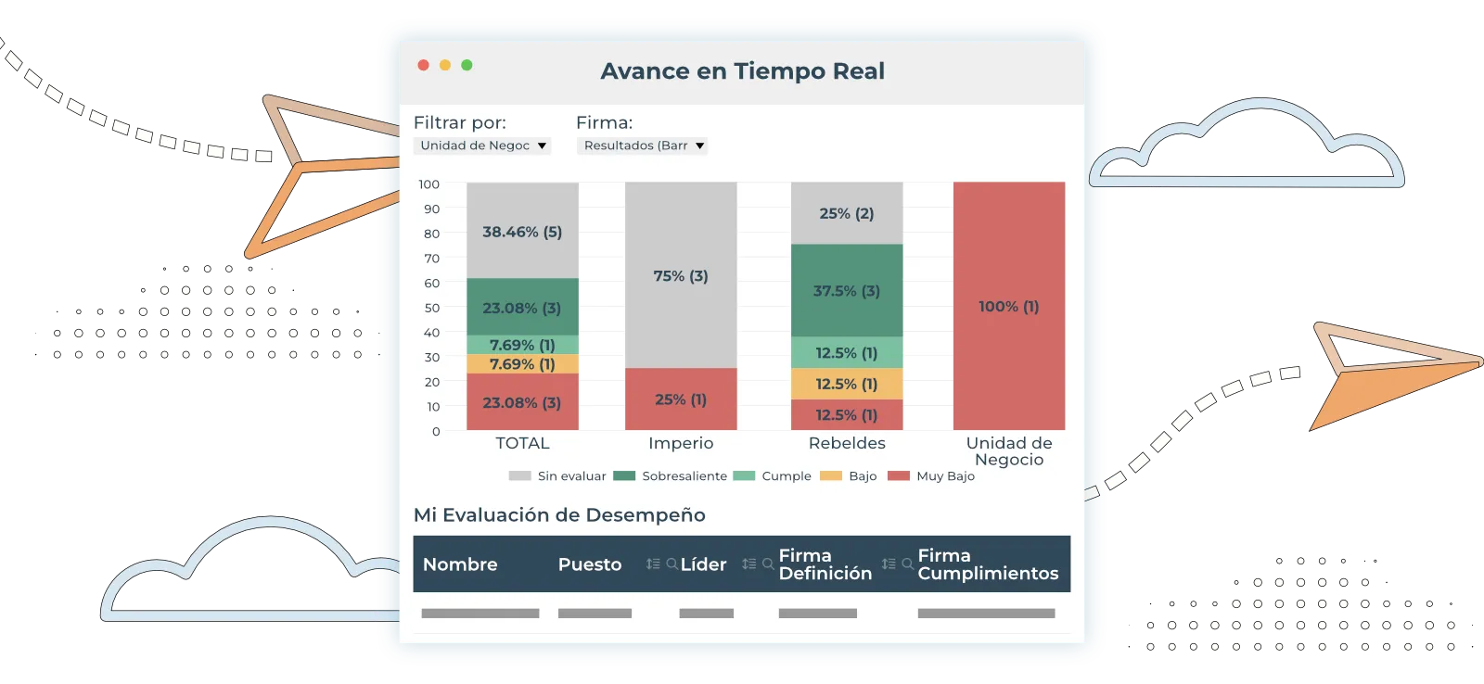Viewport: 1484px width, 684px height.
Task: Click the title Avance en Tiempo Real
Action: (x=742, y=71)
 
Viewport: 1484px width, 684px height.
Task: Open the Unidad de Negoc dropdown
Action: (x=482, y=146)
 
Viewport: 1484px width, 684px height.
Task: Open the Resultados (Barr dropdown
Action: (x=642, y=146)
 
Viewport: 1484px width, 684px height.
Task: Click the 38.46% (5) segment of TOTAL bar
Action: (x=522, y=232)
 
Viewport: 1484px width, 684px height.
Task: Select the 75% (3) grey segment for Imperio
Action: (x=680, y=275)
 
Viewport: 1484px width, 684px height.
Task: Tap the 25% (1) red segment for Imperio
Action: (x=680, y=399)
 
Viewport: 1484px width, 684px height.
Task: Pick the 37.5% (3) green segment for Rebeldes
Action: (x=846, y=290)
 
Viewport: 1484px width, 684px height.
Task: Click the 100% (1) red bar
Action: (x=1008, y=306)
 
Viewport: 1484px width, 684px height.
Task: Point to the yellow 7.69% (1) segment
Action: (x=522, y=364)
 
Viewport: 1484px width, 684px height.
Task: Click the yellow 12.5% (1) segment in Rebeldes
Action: (x=846, y=384)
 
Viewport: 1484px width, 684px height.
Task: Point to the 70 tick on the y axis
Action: (x=431, y=258)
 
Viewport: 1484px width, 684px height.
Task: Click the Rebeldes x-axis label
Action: (x=846, y=443)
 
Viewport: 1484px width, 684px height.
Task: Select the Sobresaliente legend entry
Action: (x=684, y=475)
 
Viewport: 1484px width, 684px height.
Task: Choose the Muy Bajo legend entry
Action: (x=944, y=475)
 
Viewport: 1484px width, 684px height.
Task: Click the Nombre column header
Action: (x=460, y=564)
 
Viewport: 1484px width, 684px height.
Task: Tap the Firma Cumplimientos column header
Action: (x=987, y=564)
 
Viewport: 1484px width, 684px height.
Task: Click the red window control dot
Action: (x=423, y=65)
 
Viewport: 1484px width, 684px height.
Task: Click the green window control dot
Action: (x=467, y=65)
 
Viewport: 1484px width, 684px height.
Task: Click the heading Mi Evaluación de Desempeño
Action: (x=559, y=514)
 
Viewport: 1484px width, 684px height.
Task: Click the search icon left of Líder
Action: (x=672, y=564)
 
